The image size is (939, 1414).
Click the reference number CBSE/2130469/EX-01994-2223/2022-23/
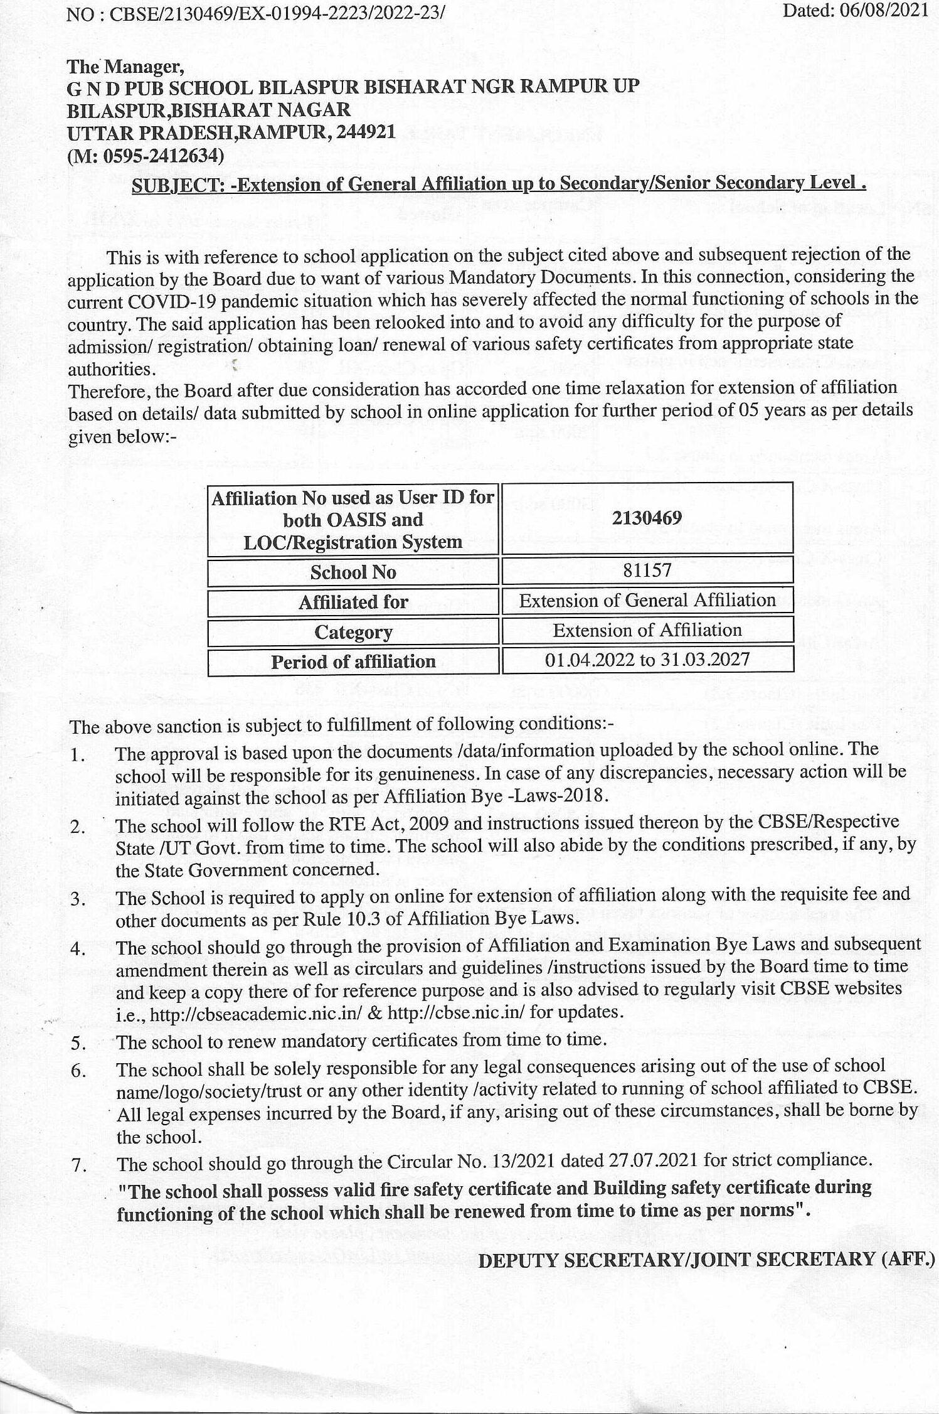[277, 14]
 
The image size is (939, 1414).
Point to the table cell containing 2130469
[647, 518]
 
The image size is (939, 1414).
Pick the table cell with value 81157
[647, 570]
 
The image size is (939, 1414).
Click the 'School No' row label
[353, 572]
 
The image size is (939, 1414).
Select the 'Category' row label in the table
[353, 632]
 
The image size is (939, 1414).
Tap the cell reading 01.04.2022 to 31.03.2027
[647, 660]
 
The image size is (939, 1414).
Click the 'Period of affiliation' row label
[353, 661]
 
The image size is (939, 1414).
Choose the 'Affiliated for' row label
[353, 602]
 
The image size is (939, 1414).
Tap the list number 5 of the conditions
[78, 1044]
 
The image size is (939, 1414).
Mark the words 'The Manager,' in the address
[125, 66]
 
